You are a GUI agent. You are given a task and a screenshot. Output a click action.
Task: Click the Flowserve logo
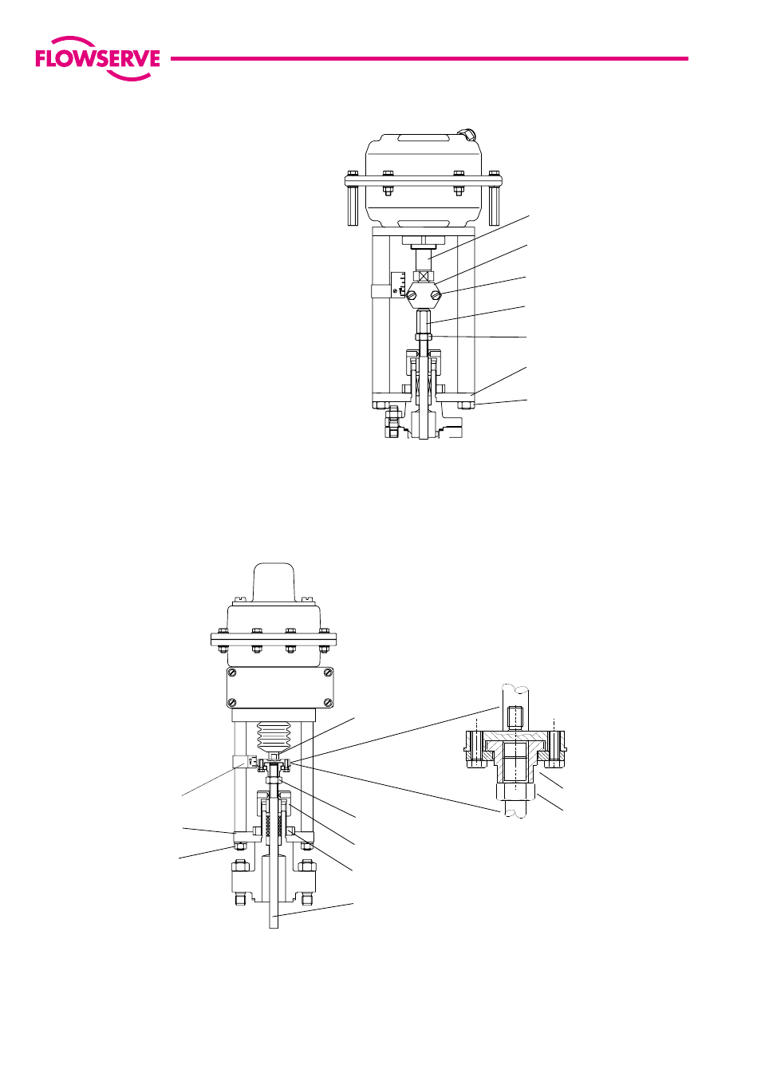coord(97,59)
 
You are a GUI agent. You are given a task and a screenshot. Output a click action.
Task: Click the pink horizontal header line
coord(429,59)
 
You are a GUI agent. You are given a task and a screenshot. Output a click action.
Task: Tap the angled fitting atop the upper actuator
coord(467,134)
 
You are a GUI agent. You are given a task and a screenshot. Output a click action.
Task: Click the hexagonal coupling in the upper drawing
coord(423,296)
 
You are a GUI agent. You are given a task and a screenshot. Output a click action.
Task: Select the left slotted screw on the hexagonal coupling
coord(411,296)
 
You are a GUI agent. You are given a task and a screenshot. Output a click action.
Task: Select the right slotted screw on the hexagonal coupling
coord(436,295)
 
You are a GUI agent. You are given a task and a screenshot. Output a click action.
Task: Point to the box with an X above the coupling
coord(423,277)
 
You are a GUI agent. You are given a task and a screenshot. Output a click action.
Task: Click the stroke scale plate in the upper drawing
coord(398,285)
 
